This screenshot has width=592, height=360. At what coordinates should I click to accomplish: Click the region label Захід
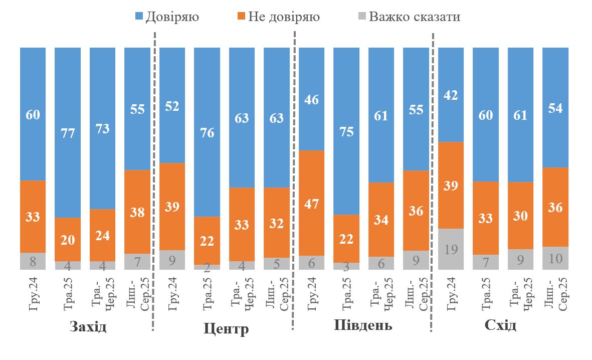(88, 327)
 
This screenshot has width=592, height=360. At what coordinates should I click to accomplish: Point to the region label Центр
(226, 329)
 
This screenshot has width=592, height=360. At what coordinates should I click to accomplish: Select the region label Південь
(363, 326)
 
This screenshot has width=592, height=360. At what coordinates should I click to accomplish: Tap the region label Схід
(500, 326)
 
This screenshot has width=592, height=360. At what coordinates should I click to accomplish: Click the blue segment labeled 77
(68, 132)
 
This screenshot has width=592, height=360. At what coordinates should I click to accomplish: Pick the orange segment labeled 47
(312, 203)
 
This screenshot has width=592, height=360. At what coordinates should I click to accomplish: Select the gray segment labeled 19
(451, 249)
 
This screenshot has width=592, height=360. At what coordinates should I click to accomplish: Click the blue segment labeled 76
(207, 132)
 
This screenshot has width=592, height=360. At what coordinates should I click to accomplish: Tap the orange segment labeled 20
(68, 239)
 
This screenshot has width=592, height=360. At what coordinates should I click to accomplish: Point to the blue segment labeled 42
(451, 95)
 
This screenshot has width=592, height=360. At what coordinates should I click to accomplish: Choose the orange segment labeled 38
(137, 212)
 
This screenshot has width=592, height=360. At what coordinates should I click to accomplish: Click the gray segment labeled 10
(556, 258)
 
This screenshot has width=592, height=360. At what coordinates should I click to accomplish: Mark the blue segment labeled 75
(346, 131)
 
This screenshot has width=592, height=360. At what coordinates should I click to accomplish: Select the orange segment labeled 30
(521, 216)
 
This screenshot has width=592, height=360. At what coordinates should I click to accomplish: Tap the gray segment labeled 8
(33, 261)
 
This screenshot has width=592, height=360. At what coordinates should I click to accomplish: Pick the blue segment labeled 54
(556, 107)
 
